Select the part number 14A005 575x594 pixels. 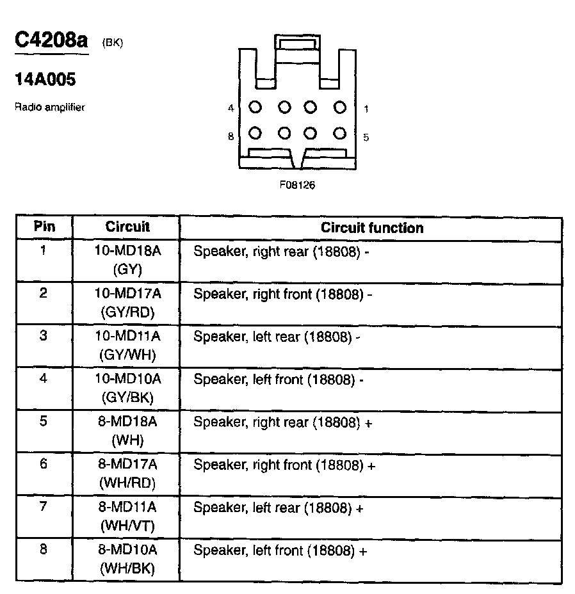point(45,80)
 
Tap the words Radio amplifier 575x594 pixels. point(49,108)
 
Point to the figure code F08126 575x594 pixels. point(297,185)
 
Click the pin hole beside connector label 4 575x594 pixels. point(255,108)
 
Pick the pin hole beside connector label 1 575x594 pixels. point(340,108)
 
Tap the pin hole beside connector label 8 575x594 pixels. point(255,133)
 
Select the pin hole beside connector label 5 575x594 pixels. point(340,133)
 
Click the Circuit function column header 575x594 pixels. point(371,228)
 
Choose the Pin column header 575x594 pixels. point(44,227)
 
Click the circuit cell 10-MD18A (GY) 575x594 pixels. point(127,260)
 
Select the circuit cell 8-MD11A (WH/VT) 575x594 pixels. point(127,517)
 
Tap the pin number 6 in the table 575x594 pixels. point(44,464)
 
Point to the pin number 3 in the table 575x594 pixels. point(44,335)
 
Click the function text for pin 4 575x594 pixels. point(279,380)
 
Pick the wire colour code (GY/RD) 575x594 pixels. point(127,312)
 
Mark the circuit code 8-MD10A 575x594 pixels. point(127,550)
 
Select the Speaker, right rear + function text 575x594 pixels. point(282,422)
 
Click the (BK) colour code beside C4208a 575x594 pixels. point(112,43)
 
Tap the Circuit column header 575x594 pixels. point(127,227)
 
